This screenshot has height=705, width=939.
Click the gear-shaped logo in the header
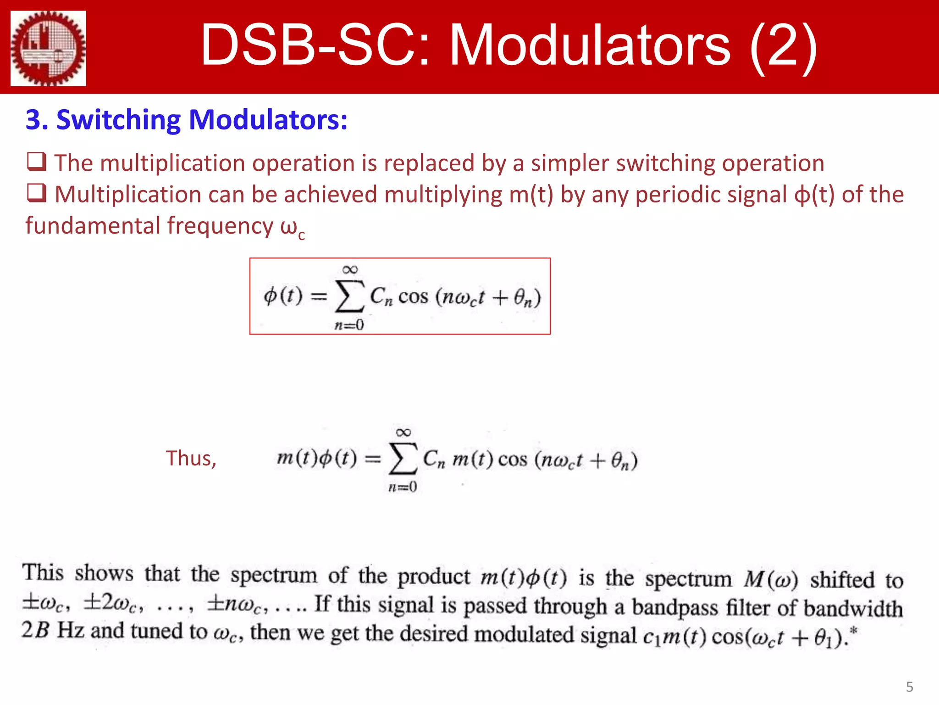(x=48, y=48)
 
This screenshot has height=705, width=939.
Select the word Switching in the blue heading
(x=119, y=120)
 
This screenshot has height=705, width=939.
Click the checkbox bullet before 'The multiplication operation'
(x=37, y=162)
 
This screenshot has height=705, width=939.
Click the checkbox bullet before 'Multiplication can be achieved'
(x=37, y=193)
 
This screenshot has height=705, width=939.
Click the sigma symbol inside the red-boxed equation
(x=350, y=297)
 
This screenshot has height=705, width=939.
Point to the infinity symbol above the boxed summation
(x=350, y=269)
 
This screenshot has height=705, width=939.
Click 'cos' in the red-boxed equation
(x=413, y=297)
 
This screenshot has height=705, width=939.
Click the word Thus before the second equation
(x=191, y=458)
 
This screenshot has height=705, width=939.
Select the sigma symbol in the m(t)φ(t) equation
(x=403, y=459)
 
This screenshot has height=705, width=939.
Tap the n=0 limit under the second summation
(x=403, y=487)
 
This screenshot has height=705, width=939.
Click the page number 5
(x=910, y=687)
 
